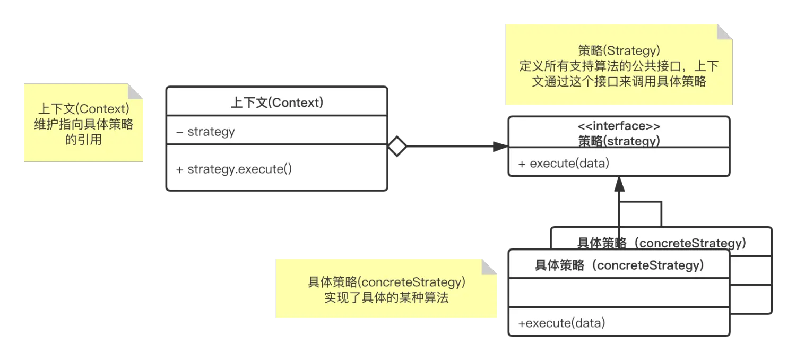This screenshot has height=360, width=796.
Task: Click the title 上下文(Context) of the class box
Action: (276, 102)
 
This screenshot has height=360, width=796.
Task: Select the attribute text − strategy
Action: (205, 132)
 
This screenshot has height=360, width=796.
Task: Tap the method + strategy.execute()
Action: (234, 169)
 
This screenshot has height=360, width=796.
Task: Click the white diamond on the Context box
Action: (397, 146)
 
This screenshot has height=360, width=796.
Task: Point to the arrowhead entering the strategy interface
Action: (500, 146)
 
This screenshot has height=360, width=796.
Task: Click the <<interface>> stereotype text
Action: (619, 126)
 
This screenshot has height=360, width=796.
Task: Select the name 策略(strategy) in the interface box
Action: (619, 141)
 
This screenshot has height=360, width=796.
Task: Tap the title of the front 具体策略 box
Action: (619, 265)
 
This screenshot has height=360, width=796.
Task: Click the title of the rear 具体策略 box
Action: (661, 243)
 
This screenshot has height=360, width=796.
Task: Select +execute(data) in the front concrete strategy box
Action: (561, 322)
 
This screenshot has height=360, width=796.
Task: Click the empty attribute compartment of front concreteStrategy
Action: (619, 293)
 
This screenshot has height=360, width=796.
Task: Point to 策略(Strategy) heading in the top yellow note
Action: (619, 51)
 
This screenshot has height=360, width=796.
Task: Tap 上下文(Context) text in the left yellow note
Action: (83, 109)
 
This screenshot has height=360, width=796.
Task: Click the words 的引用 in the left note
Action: (83, 140)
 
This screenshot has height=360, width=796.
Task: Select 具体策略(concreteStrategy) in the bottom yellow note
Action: (386, 282)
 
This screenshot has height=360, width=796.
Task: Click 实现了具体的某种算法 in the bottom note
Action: (386, 297)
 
